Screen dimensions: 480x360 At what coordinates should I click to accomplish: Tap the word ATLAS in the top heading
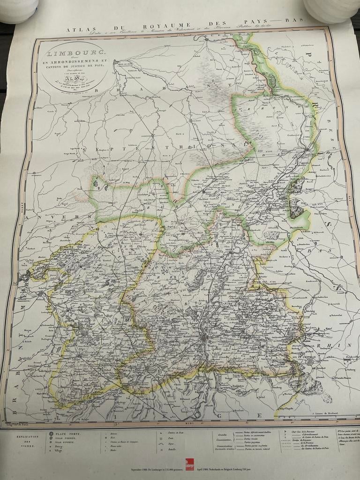[78, 29]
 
